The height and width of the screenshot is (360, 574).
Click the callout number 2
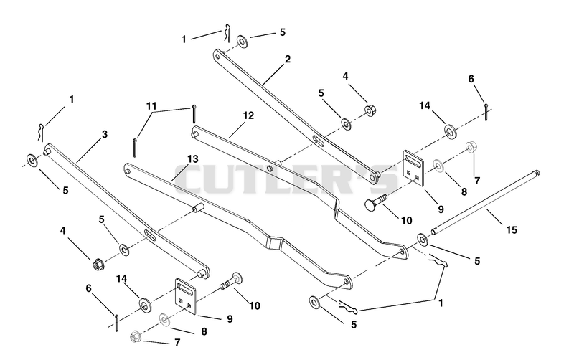288,59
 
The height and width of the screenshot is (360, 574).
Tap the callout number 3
105,134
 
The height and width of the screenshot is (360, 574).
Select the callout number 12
248,115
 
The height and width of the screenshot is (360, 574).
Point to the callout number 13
193,159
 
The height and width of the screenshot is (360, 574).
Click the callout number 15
512,229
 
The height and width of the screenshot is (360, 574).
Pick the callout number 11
151,106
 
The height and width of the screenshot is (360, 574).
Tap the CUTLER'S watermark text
286,179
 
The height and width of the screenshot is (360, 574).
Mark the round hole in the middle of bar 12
270,168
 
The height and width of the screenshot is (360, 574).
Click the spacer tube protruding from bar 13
198,207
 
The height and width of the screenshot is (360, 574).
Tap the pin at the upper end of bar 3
47,151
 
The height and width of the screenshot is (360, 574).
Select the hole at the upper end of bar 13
128,170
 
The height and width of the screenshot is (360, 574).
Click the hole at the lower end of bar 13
346,282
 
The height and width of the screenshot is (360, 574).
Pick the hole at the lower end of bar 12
402,251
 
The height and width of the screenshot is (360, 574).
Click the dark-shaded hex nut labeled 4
98,262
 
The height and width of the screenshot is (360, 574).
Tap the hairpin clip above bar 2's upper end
227,32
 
